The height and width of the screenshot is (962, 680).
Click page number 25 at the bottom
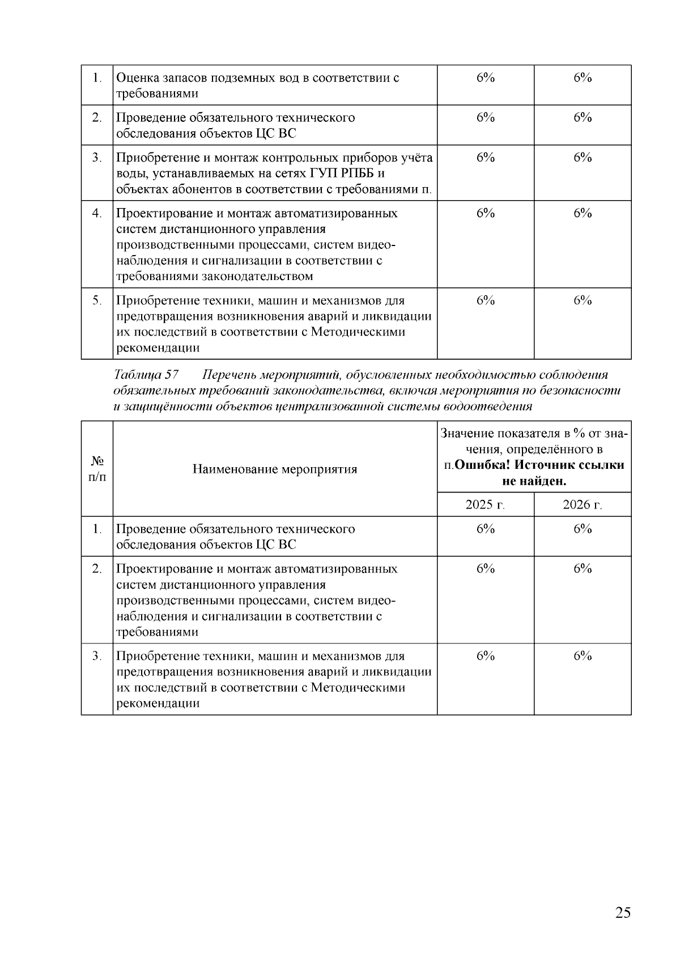pos(622,913)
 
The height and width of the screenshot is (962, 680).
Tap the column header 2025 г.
pos(485,505)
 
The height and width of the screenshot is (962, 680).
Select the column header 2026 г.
pos(582,505)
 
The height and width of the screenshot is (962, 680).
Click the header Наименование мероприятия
pos(275,469)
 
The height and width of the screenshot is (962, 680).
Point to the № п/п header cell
pos(97,469)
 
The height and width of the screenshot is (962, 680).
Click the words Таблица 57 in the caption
pos(146,375)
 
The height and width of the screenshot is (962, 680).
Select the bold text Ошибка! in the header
pos(482,465)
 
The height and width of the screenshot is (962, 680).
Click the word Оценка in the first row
pos(136,78)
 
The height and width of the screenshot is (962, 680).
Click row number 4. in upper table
pos(97,213)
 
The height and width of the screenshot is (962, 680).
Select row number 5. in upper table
pos(97,300)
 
